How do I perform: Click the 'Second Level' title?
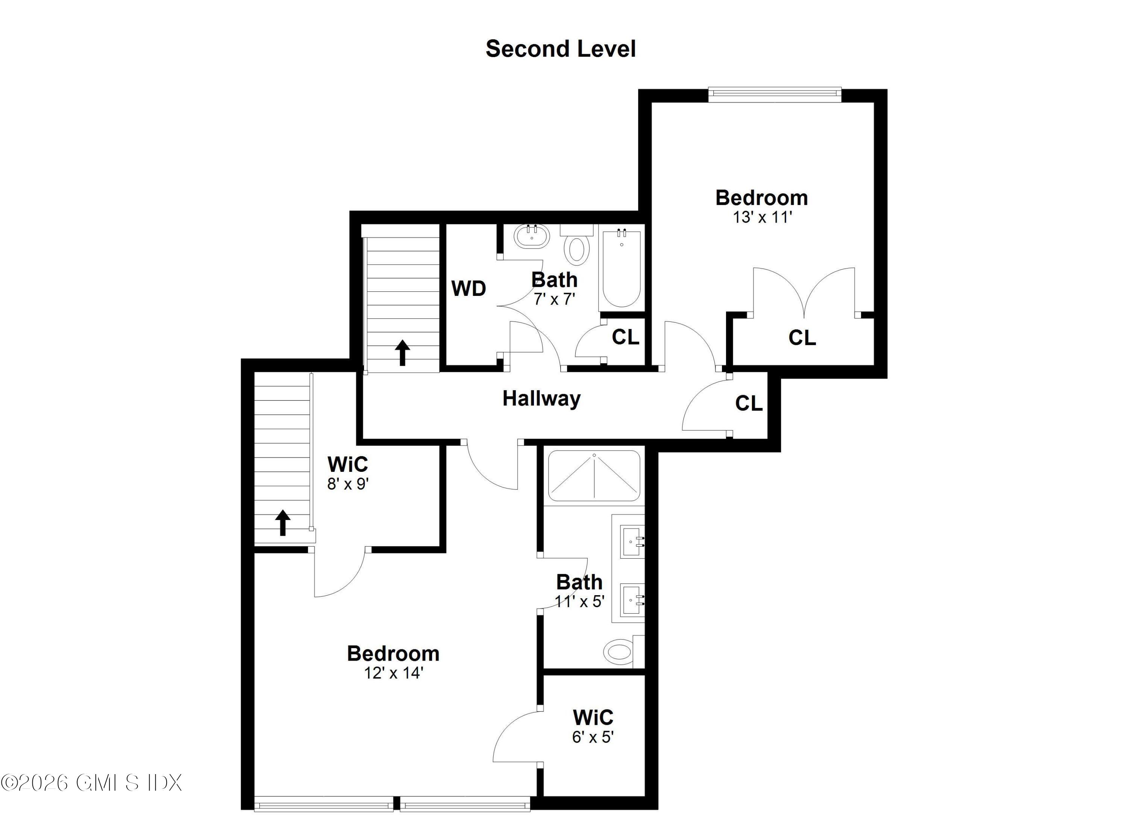click(561, 49)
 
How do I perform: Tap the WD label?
click(468, 289)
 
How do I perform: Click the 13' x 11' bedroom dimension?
click(762, 217)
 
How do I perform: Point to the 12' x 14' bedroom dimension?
click(393, 673)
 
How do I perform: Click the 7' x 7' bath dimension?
click(554, 299)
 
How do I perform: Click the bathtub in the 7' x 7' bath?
click(621, 268)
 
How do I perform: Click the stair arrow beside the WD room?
click(402, 353)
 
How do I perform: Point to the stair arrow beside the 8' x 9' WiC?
click(282, 523)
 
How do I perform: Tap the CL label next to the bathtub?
click(625, 338)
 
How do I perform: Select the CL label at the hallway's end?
click(749, 403)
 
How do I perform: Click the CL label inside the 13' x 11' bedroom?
click(802, 338)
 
